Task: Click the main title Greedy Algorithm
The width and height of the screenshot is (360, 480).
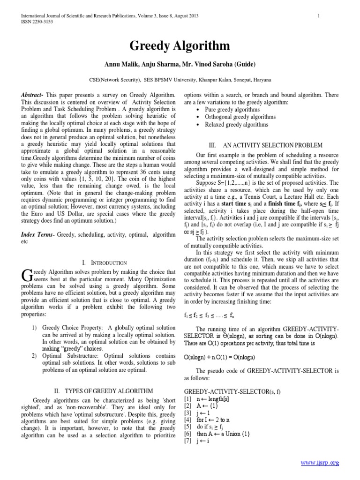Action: tap(180, 46)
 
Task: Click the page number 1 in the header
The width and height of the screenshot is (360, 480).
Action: tap(318, 16)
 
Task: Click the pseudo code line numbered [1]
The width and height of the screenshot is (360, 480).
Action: tap(209, 397)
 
